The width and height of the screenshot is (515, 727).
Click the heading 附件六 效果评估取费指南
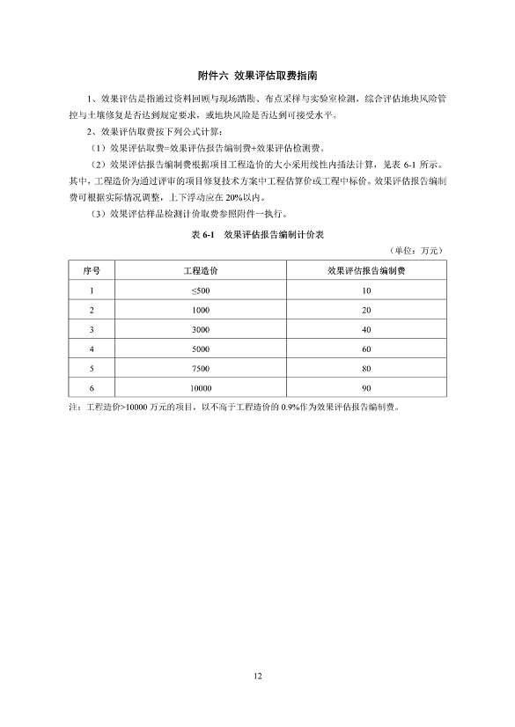pos(257,77)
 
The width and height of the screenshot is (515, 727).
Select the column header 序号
pos(91,270)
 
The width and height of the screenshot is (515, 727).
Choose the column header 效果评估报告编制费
pos(365,270)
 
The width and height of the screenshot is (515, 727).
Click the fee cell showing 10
pos(365,290)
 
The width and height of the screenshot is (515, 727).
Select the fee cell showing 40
pos(365,329)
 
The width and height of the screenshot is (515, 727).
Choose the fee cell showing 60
pos(365,349)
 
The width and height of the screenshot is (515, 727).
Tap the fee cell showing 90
pos(365,387)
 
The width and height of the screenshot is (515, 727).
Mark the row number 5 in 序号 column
pos(91,368)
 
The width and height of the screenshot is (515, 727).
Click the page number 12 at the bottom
pos(257,676)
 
